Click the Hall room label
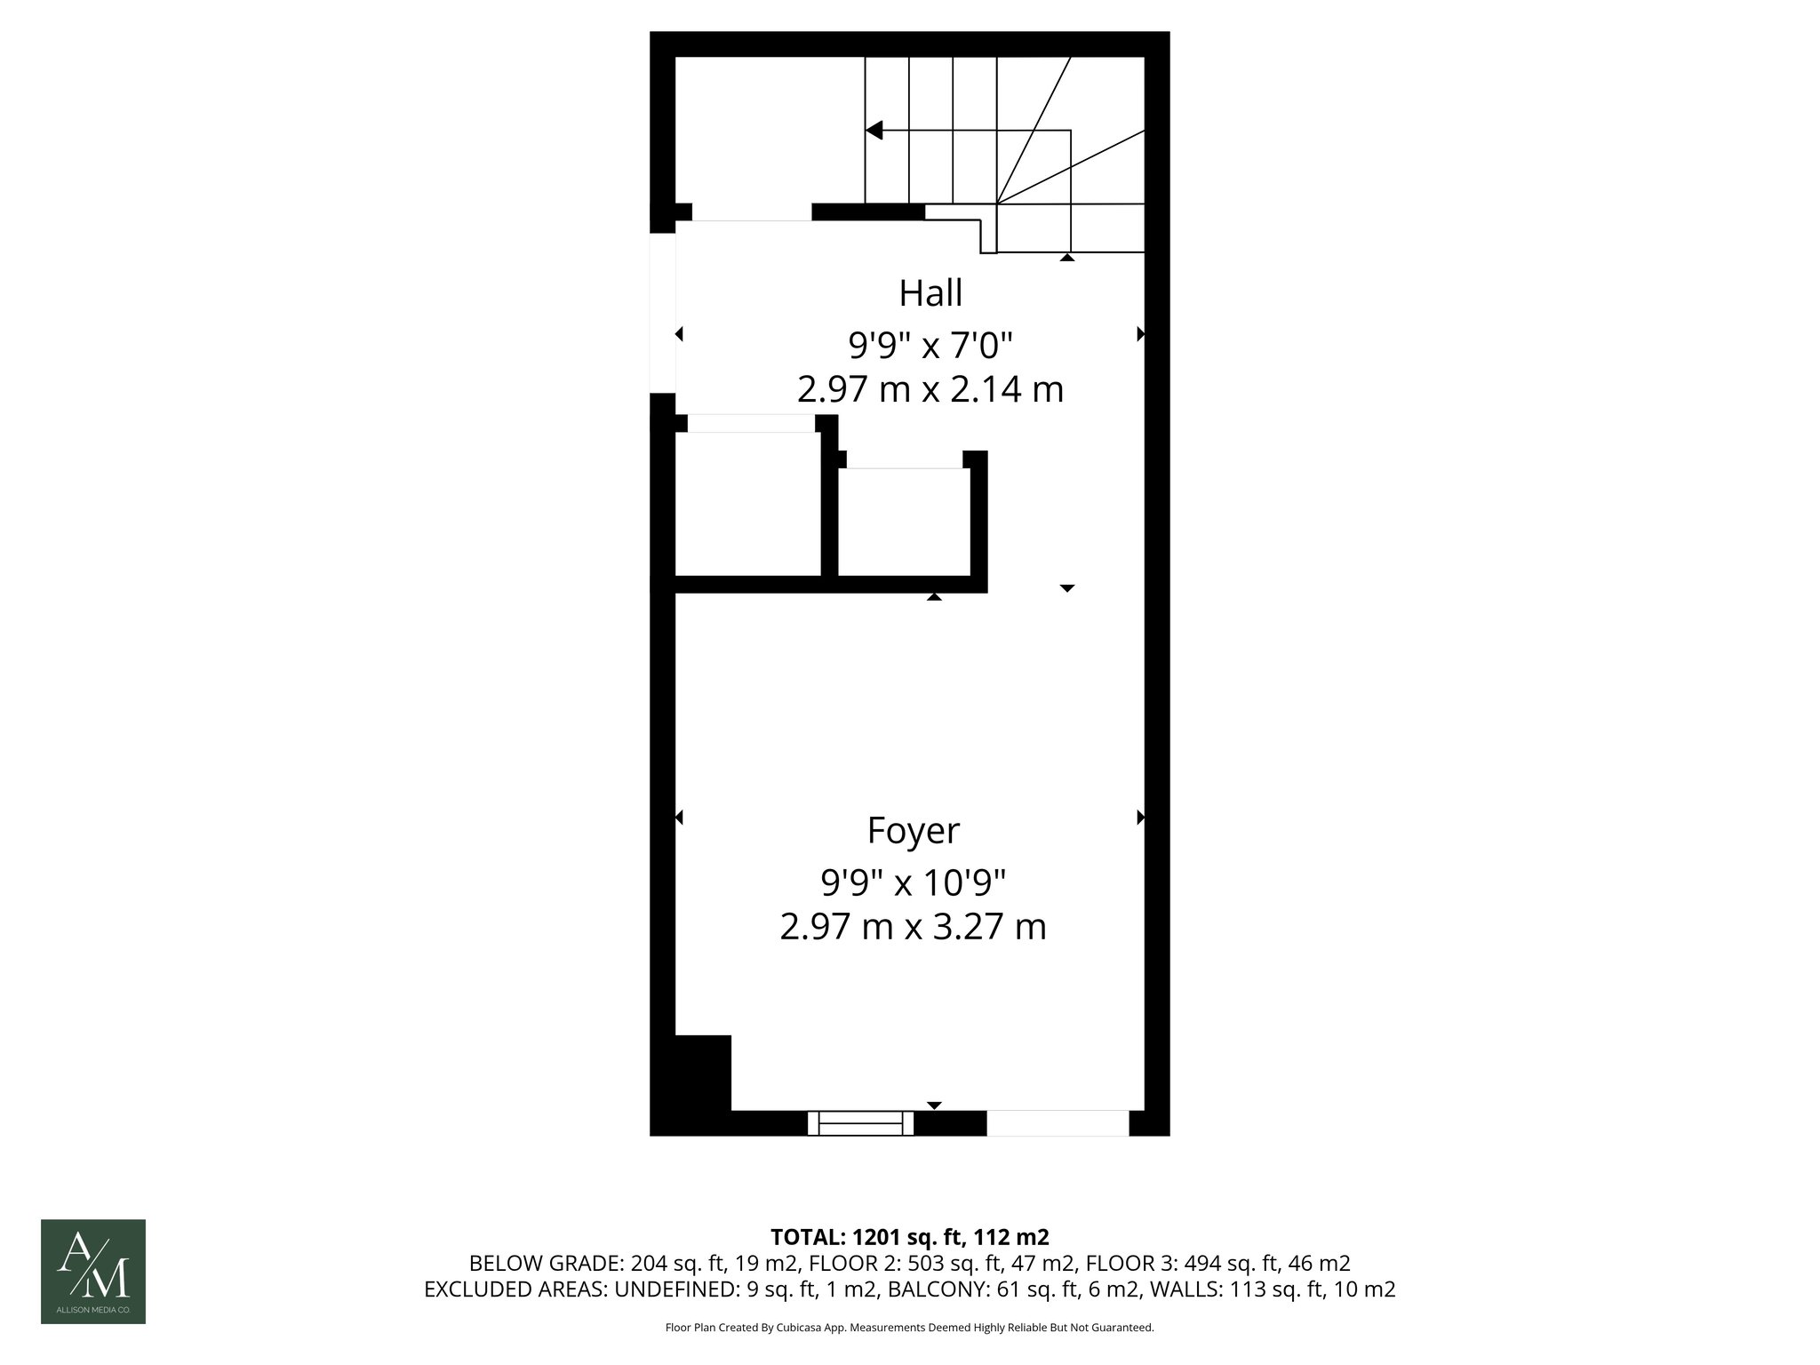930,293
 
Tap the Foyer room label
913,831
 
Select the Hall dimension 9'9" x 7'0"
930,344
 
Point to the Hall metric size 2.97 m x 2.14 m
930,389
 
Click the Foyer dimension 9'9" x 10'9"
913,883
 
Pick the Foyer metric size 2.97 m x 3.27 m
913,927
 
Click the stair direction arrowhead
874,131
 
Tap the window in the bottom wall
860,1123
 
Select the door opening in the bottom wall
1058,1123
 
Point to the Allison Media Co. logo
93,1272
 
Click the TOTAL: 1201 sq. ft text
910,1237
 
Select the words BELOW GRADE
546,1264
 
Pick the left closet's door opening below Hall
752,423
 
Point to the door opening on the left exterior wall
663,312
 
